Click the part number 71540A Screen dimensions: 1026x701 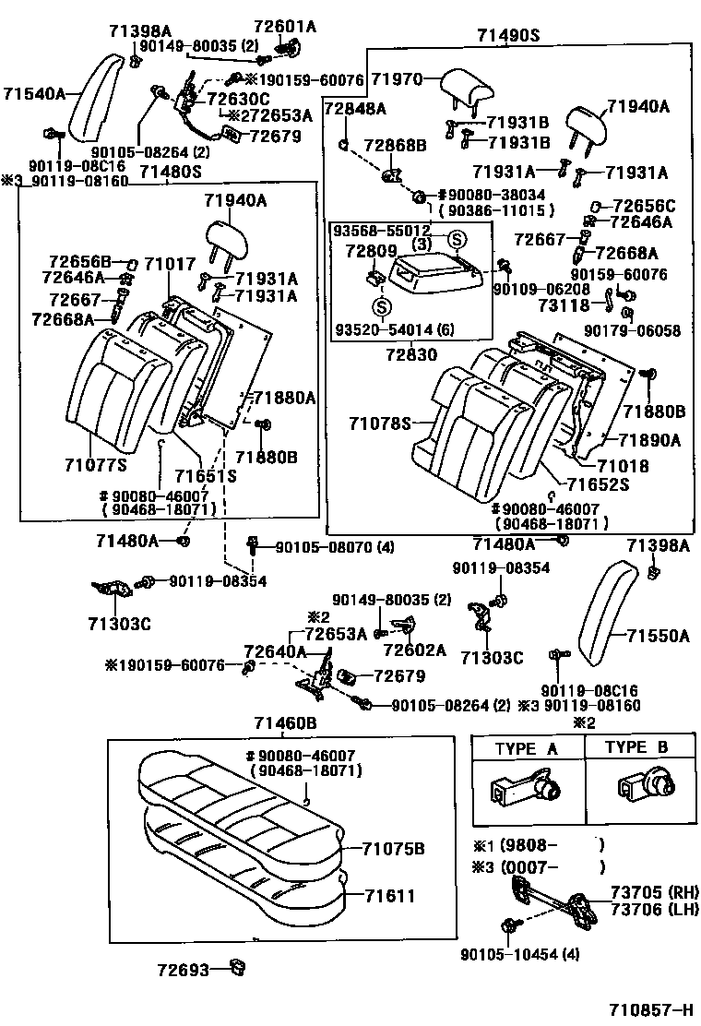[34, 93]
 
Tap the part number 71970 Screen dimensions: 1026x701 [397, 80]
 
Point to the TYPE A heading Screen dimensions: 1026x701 [527, 748]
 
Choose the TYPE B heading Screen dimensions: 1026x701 [637, 748]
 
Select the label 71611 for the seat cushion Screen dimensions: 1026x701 [388, 896]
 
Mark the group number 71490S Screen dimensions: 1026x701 [508, 36]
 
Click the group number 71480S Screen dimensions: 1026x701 [170, 171]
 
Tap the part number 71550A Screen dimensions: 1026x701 [659, 636]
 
